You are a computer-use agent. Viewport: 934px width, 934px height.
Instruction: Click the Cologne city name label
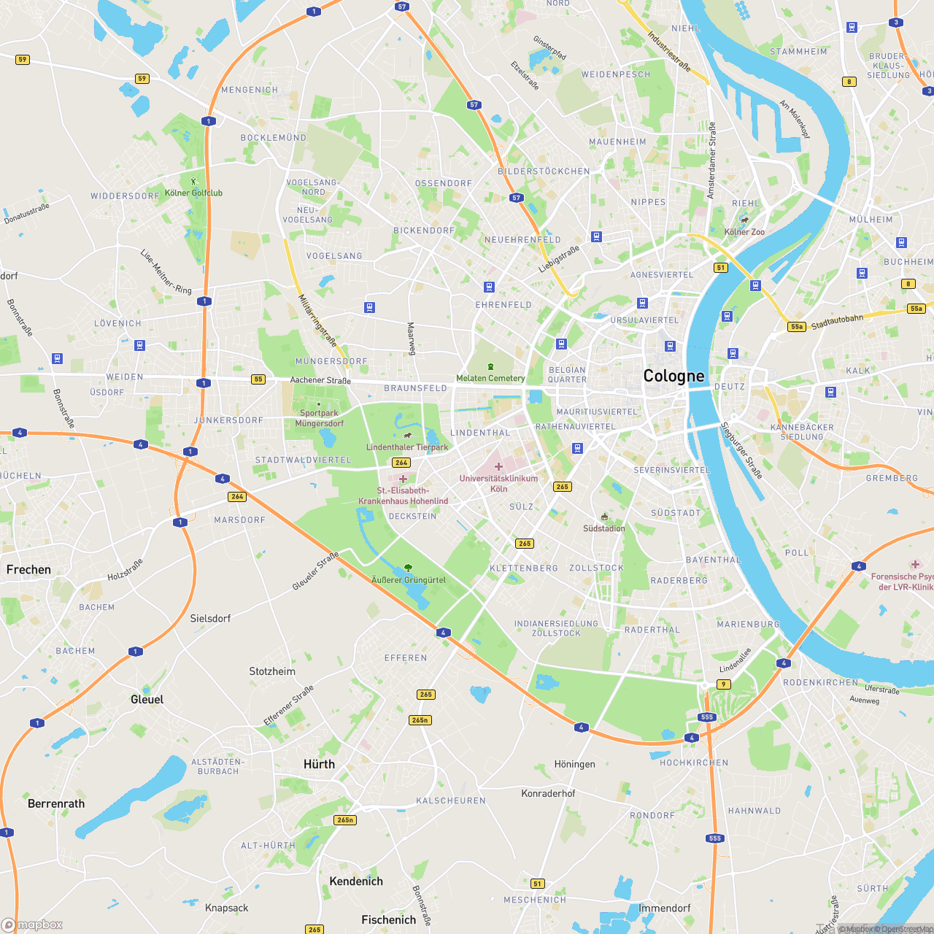pyautogui.click(x=674, y=377)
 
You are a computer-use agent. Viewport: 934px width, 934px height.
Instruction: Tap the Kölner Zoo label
pyautogui.click(x=744, y=232)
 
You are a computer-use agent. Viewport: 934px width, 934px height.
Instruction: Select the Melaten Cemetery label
pyautogui.click(x=490, y=378)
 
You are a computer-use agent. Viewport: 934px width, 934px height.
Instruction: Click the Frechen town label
pyautogui.click(x=29, y=570)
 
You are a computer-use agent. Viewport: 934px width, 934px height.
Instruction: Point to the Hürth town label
pyautogui.click(x=319, y=764)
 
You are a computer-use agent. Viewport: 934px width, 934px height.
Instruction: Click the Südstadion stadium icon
pyautogui.click(x=604, y=517)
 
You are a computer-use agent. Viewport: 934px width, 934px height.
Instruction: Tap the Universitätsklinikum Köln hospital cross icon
pyautogui.click(x=498, y=466)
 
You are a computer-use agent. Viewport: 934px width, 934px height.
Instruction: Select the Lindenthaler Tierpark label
pyautogui.click(x=407, y=447)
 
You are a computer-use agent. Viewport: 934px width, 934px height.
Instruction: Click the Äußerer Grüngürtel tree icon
pyautogui.click(x=408, y=568)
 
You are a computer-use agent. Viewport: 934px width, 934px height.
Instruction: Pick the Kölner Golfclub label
pyautogui.click(x=193, y=193)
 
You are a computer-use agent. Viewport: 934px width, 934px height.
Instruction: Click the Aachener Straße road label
pyautogui.click(x=320, y=380)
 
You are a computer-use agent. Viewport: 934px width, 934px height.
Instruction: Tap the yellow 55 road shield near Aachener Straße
pyautogui.click(x=258, y=379)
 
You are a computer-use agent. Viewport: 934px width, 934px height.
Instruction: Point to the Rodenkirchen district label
pyautogui.click(x=820, y=683)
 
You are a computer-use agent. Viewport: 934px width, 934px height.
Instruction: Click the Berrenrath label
pyautogui.click(x=56, y=804)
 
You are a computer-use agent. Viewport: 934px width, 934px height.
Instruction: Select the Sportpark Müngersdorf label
pyautogui.click(x=319, y=418)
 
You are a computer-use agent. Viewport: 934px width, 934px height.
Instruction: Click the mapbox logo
pyautogui.click(x=32, y=925)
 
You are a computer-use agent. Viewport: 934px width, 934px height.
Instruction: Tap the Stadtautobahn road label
pyautogui.click(x=837, y=322)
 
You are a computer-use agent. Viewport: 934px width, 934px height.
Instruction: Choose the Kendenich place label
pyautogui.click(x=356, y=881)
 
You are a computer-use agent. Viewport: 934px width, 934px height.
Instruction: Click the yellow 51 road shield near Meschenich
pyautogui.click(x=538, y=884)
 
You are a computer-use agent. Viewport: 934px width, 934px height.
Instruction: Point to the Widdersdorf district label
pyautogui.click(x=125, y=196)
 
